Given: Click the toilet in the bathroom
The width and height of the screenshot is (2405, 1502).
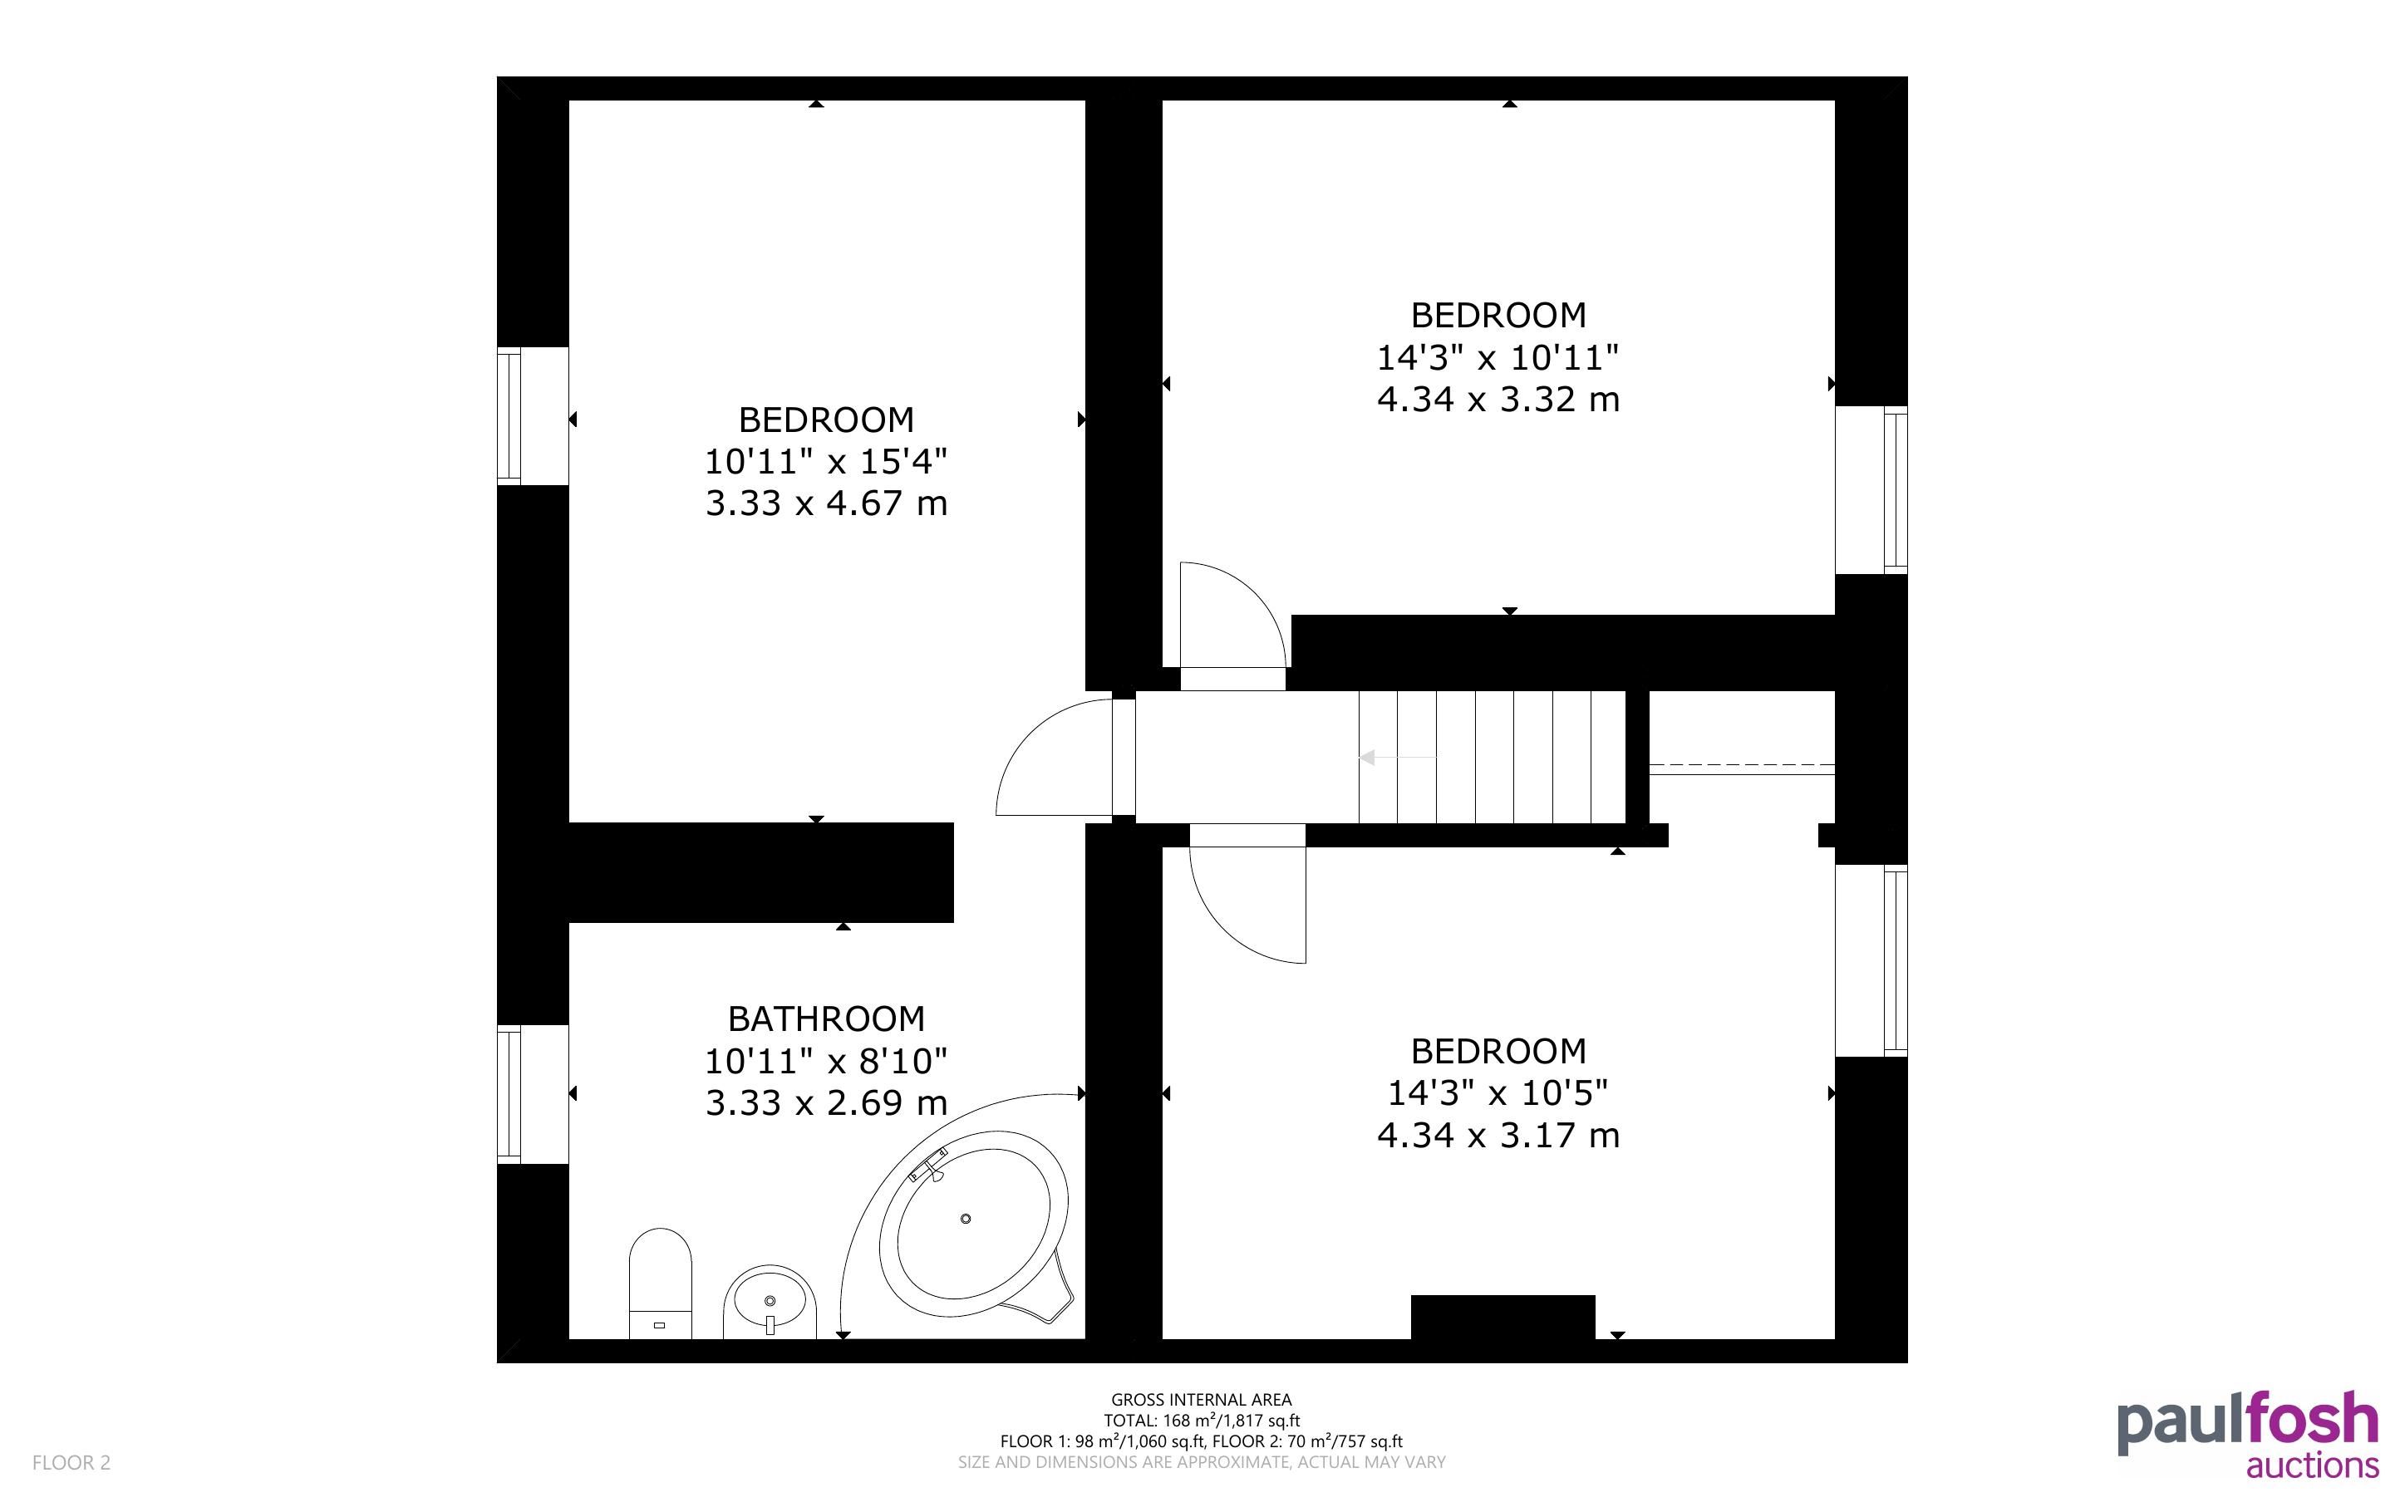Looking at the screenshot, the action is point(660,1284).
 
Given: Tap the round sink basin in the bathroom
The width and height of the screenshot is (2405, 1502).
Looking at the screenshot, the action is point(770,1301).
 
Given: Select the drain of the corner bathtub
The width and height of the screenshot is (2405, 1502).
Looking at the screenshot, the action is point(965,1218).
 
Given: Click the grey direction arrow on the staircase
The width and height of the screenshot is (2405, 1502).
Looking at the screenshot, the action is point(1397,757).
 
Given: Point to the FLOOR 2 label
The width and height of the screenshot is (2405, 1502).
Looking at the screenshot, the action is point(71,1462).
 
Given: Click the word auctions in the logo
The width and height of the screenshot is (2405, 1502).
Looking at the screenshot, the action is point(2312,1465).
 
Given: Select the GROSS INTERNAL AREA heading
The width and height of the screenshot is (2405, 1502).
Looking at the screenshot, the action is point(1201,1400).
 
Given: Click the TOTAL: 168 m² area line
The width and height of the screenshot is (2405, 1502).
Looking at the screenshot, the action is point(1201,1421).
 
